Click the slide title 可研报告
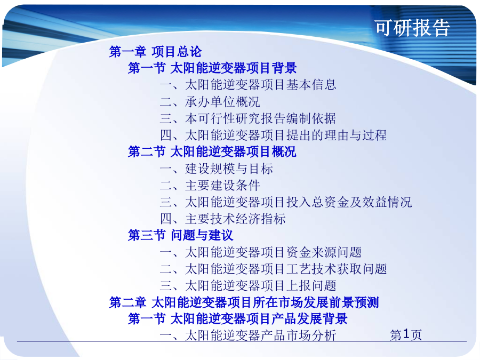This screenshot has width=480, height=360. pos(412,28)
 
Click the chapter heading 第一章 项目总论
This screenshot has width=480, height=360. pos(155,51)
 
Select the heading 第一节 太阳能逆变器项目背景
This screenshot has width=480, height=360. pos(212,68)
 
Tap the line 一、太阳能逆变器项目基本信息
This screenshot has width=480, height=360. pos(248,85)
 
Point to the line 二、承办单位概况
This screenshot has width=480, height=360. pos(210,102)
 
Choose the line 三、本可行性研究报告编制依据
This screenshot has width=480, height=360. pos(248,118)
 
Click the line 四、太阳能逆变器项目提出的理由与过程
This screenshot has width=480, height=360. pos(274,135)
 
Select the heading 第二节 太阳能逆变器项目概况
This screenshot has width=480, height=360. pos(212,151)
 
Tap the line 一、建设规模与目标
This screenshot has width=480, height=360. pos(217,169)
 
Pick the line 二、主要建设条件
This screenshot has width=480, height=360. pos(210,185)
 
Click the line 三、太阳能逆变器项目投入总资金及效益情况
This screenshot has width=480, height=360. pos(286,202)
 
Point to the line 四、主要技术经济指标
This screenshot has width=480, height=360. pos(223,219)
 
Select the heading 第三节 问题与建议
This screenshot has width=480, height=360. pos(181,235)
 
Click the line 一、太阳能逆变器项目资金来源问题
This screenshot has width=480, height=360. pos(261,252)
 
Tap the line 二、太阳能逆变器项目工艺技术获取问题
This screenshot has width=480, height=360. pos(274,269)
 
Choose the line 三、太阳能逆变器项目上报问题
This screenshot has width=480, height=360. pos(248,286)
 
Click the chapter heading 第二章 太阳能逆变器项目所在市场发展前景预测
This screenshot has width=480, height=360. pos(244,302)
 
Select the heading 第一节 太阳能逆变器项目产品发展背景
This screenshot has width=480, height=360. pos(237,319)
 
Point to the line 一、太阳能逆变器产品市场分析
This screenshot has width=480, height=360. pos(248,335)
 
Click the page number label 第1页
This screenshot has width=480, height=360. pos(406,334)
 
